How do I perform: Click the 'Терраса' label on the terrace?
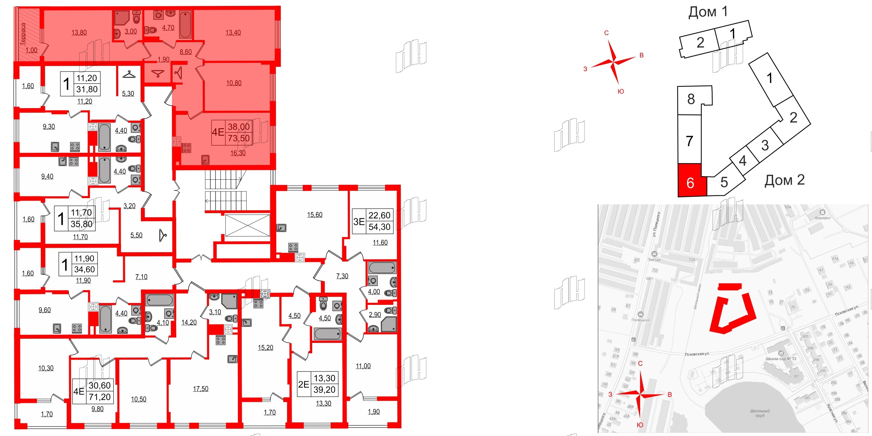23,34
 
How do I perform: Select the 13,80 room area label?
79,32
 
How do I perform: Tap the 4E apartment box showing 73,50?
231,133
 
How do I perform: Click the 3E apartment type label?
359,221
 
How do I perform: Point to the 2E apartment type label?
303,384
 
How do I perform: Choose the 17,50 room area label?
201,389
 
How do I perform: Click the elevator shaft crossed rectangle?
247,226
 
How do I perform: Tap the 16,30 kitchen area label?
238,153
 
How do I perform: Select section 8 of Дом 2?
691,99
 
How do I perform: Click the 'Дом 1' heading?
708,12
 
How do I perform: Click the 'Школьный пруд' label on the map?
760,413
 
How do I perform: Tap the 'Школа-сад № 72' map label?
781,359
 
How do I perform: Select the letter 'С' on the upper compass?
606,33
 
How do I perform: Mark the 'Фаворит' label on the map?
822,218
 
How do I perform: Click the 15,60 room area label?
315,215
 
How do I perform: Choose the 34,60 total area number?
84,269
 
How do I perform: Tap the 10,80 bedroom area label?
234,83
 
